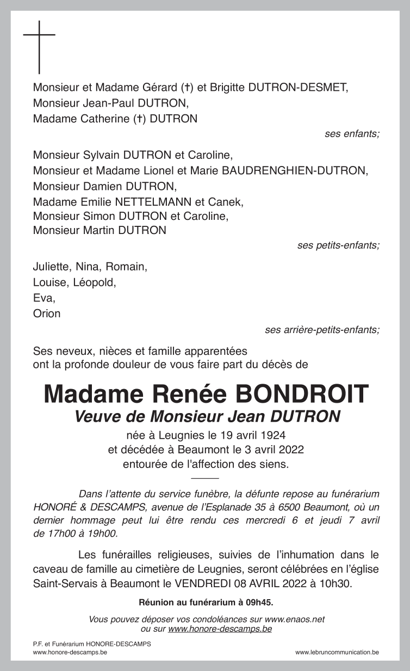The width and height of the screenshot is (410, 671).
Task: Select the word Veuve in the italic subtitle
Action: click(x=95, y=417)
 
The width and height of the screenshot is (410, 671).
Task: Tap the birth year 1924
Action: click(x=274, y=435)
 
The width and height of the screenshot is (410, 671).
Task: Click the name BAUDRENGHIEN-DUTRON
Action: click(x=294, y=171)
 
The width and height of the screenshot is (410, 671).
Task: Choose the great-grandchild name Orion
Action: click(x=47, y=314)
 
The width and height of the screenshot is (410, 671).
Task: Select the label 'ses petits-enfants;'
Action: click(x=338, y=245)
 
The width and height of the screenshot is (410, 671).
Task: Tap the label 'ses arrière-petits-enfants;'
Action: click(x=322, y=330)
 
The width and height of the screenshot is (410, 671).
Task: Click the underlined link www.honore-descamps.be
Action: click(x=220, y=629)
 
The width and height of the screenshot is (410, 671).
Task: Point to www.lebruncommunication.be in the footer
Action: click(x=337, y=652)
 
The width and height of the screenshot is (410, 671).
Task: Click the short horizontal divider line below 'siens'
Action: click(x=205, y=478)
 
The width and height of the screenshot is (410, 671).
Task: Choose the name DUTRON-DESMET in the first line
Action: click(x=296, y=88)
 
